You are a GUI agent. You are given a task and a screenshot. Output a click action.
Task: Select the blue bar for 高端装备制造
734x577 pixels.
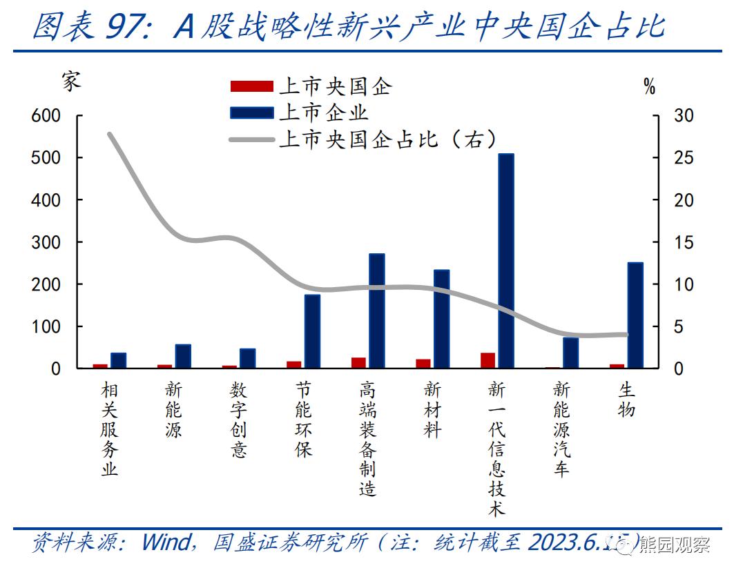click(377, 311)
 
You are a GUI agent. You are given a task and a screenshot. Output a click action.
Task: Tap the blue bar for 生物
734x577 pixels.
click(635, 315)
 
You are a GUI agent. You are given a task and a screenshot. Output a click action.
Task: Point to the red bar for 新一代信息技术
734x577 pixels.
click(488, 360)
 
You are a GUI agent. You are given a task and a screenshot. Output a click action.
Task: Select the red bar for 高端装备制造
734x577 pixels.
click(358, 362)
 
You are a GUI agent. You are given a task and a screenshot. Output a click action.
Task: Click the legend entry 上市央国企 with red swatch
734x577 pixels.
click(311, 86)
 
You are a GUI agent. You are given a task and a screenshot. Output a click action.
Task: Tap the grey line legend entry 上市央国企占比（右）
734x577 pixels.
click(363, 139)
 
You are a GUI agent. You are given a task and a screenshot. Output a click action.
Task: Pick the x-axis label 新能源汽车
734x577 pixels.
click(561, 429)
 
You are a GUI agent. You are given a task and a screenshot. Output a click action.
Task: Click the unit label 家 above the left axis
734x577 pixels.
click(70, 81)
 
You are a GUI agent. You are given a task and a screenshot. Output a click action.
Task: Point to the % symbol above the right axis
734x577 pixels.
click(649, 87)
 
